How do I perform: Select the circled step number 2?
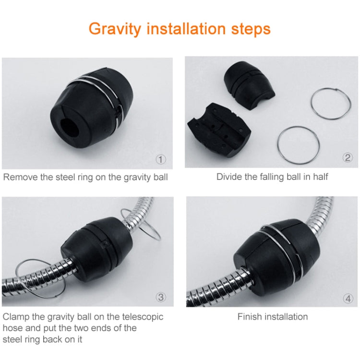(348, 158)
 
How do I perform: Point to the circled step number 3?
(162, 297)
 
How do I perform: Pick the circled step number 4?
(348, 298)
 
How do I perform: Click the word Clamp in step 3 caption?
(16, 317)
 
